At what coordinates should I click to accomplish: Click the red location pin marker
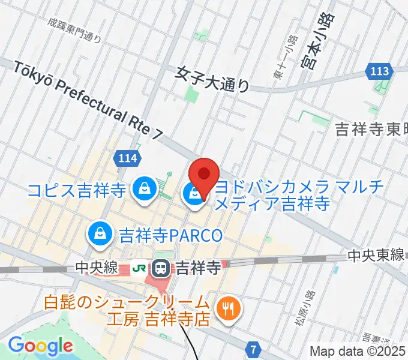coord(203,175)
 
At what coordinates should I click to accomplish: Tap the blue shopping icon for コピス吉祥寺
coord(145,190)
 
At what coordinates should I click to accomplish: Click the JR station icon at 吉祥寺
coord(161,268)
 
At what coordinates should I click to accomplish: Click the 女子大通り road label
coord(212,77)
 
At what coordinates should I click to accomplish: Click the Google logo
coord(40,346)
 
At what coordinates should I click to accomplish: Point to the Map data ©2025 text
coord(358,352)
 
